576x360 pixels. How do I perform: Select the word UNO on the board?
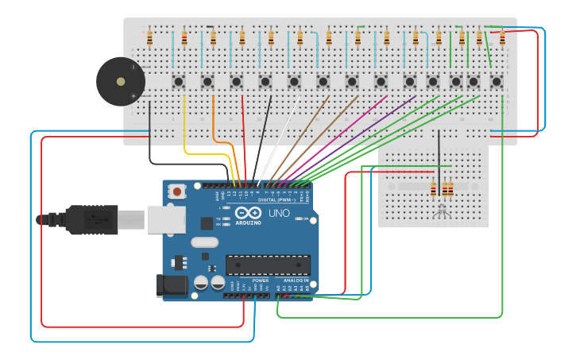click(x=279, y=214)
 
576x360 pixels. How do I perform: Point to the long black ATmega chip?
click(x=268, y=265)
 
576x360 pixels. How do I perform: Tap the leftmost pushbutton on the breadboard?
click(x=179, y=81)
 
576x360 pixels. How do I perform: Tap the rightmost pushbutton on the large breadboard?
click(x=497, y=81)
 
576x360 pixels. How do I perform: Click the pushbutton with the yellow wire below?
click(x=179, y=81)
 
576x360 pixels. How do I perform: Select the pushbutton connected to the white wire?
click(x=294, y=81)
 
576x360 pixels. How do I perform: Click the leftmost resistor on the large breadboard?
click(x=149, y=37)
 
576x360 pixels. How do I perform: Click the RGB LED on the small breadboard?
click(x=443, y=211)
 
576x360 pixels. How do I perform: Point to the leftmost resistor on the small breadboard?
click(x=433, y=189)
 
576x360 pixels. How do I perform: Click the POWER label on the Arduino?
click(x=260, y=281)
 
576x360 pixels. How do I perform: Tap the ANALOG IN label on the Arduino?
click(x=295, y=281)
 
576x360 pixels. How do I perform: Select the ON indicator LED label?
click(x=304, y=219)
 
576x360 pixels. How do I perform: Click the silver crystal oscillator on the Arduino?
click(x=204, y=242)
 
